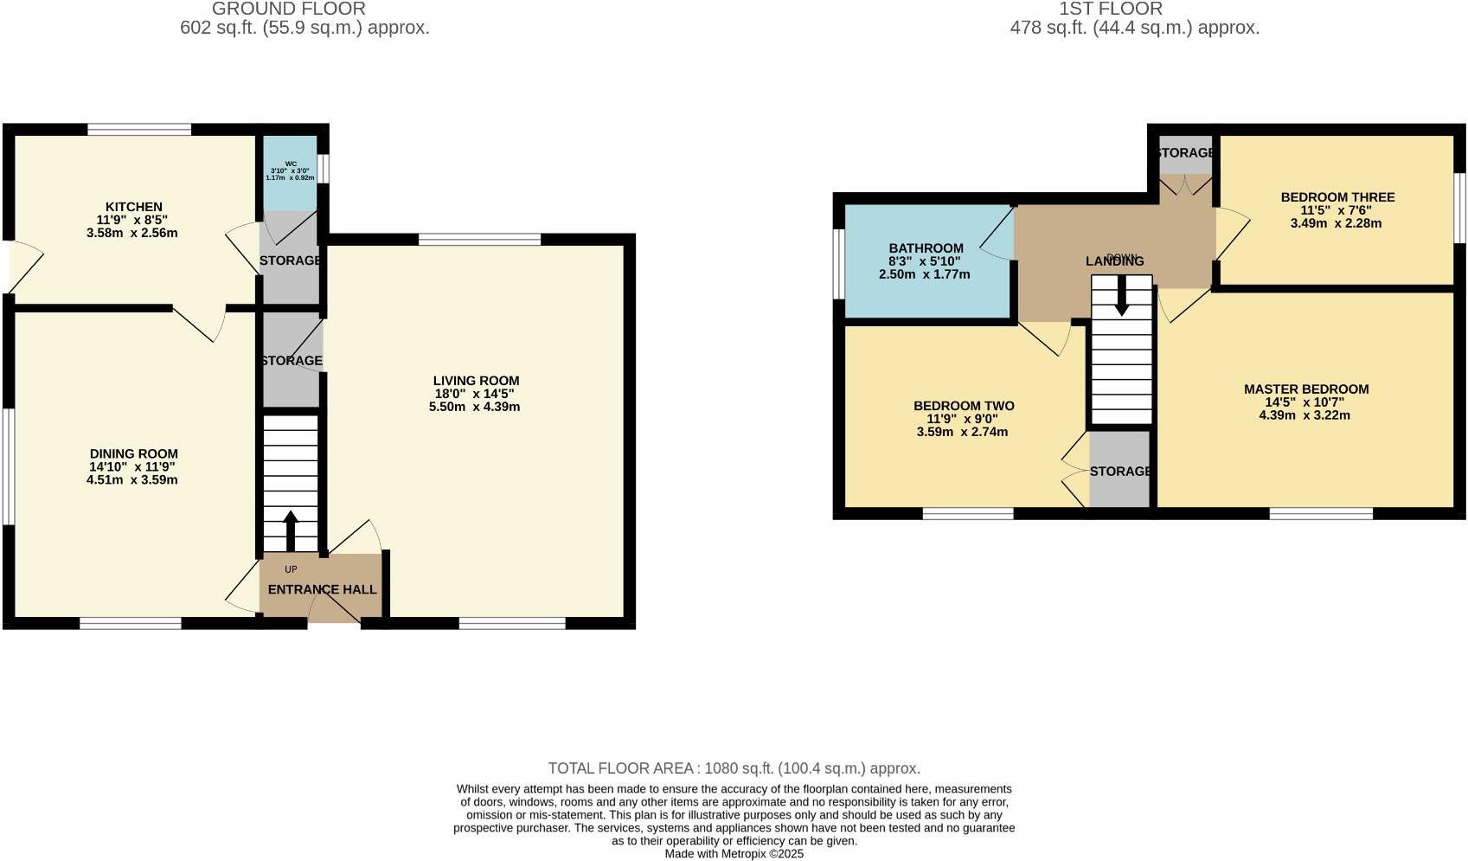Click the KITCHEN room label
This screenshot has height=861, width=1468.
click(133, 207)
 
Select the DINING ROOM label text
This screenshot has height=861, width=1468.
click(133, 453)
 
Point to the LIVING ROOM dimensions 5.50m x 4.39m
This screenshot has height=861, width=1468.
click(474, 407)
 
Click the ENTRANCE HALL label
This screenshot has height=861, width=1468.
click(322, 589)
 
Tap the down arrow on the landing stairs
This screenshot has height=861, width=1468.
click(1121, 296)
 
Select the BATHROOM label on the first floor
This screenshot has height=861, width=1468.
click(925, 248)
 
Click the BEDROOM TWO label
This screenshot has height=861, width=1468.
click(963, 406)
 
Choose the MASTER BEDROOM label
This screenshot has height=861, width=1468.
click(1305, 389)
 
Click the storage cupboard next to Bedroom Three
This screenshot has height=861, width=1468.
click(1185, 154)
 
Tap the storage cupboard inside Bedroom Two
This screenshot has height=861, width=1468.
click(1119, 471)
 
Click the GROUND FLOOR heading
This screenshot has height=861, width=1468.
click(288, 9)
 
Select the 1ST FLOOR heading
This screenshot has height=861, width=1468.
click(1110, 9)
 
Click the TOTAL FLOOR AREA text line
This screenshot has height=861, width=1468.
click(734, 768)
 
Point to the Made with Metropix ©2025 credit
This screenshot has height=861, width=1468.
click(734, 853)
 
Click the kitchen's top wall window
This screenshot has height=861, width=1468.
click(139, 130)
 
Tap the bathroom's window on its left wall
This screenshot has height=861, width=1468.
click(838, 263)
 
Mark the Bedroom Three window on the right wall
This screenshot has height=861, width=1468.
click(1459, 208)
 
